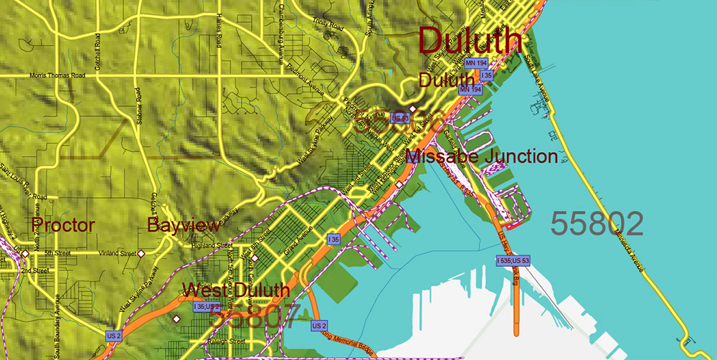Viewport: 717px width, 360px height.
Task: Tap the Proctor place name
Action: [64, 225]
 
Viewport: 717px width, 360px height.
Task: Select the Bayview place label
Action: [184, 225]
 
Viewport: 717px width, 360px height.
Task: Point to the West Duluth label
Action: [236, 290]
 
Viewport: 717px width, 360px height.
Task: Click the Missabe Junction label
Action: [481, 156]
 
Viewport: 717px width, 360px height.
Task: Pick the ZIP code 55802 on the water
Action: [597, 224]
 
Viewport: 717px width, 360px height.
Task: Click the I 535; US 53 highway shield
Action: [513, 260]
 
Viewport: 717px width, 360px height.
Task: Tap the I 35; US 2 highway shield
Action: [206, 306]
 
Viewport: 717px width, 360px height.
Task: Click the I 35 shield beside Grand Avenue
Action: [333, 239]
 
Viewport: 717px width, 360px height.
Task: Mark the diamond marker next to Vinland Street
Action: [142, 253]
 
